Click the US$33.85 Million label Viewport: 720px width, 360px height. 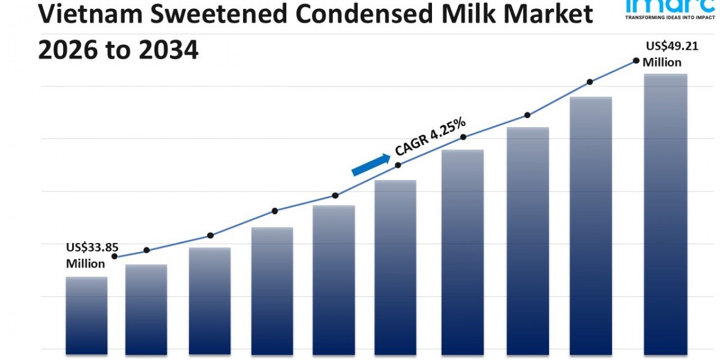coord(88,254)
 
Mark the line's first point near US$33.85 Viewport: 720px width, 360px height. coord(115,256)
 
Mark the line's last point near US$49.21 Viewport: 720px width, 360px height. coord(635,61)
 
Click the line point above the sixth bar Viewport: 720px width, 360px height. coord(398,164)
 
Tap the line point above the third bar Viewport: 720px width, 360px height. coord(210,235)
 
